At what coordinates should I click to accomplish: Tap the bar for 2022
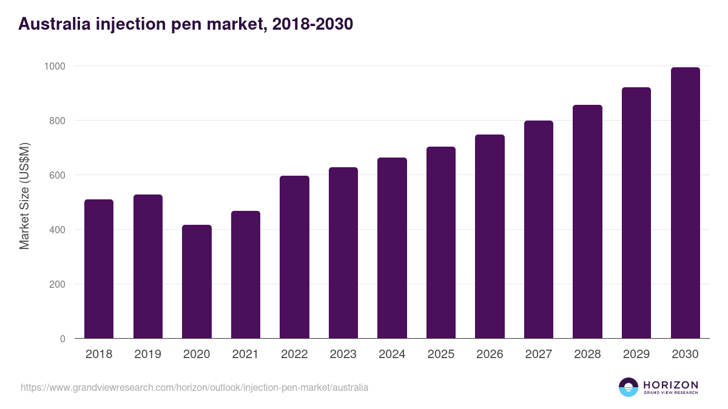(x=294, y=257)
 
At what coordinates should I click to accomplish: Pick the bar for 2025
(x=441, y=242)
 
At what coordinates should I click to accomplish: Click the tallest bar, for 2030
(x=685, y=202)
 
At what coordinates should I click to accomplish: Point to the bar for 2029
(x=636, y=213)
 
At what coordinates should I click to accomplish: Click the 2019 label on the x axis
(x=147, y=354)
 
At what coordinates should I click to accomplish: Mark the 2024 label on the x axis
(x=392, y=354)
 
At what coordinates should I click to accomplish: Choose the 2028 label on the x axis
(x=587, y=354)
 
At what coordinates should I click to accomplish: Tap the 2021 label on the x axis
(x=245, y=354)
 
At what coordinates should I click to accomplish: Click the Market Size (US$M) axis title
(x=24, y=196)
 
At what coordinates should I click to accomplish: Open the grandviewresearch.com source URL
(x=194, y=387)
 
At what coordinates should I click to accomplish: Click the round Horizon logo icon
(x=629, y=387)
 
